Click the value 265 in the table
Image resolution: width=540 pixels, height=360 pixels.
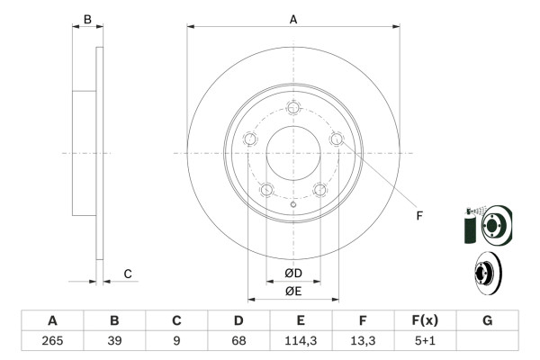(x=52, y=341)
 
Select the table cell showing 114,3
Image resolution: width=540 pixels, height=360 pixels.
(x=301, y=341)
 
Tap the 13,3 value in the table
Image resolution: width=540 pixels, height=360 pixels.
(x=363, y=341)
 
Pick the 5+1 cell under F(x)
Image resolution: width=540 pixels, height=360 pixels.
(x=425, y=341)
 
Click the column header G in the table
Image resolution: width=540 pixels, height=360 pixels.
(x=487, y=320)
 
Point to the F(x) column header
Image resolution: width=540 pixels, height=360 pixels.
(x=425, y=320)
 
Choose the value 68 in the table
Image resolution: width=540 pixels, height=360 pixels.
(x=238, y=341)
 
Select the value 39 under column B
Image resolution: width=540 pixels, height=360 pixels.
(x=114, y=341)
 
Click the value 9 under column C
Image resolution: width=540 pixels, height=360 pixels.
(x=176, y=341)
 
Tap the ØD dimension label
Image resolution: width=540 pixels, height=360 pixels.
(x=293, y=274)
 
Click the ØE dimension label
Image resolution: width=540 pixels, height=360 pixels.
(x=293, y=291)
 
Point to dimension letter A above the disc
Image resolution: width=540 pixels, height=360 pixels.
(x=293, y=19)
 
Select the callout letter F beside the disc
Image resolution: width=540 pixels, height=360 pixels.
(x=418, y=214)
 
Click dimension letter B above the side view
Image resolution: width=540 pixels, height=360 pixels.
(x=87, y=19)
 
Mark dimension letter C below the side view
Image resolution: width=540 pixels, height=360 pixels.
(x=128, y=274)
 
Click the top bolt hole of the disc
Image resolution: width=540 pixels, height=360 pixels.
(x=293, y=108)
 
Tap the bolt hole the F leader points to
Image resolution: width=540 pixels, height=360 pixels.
(x=337, y=139)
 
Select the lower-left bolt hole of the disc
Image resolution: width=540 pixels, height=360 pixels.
(x=266, y=190)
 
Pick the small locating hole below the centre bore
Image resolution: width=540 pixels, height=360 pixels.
(x=293, y=207)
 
